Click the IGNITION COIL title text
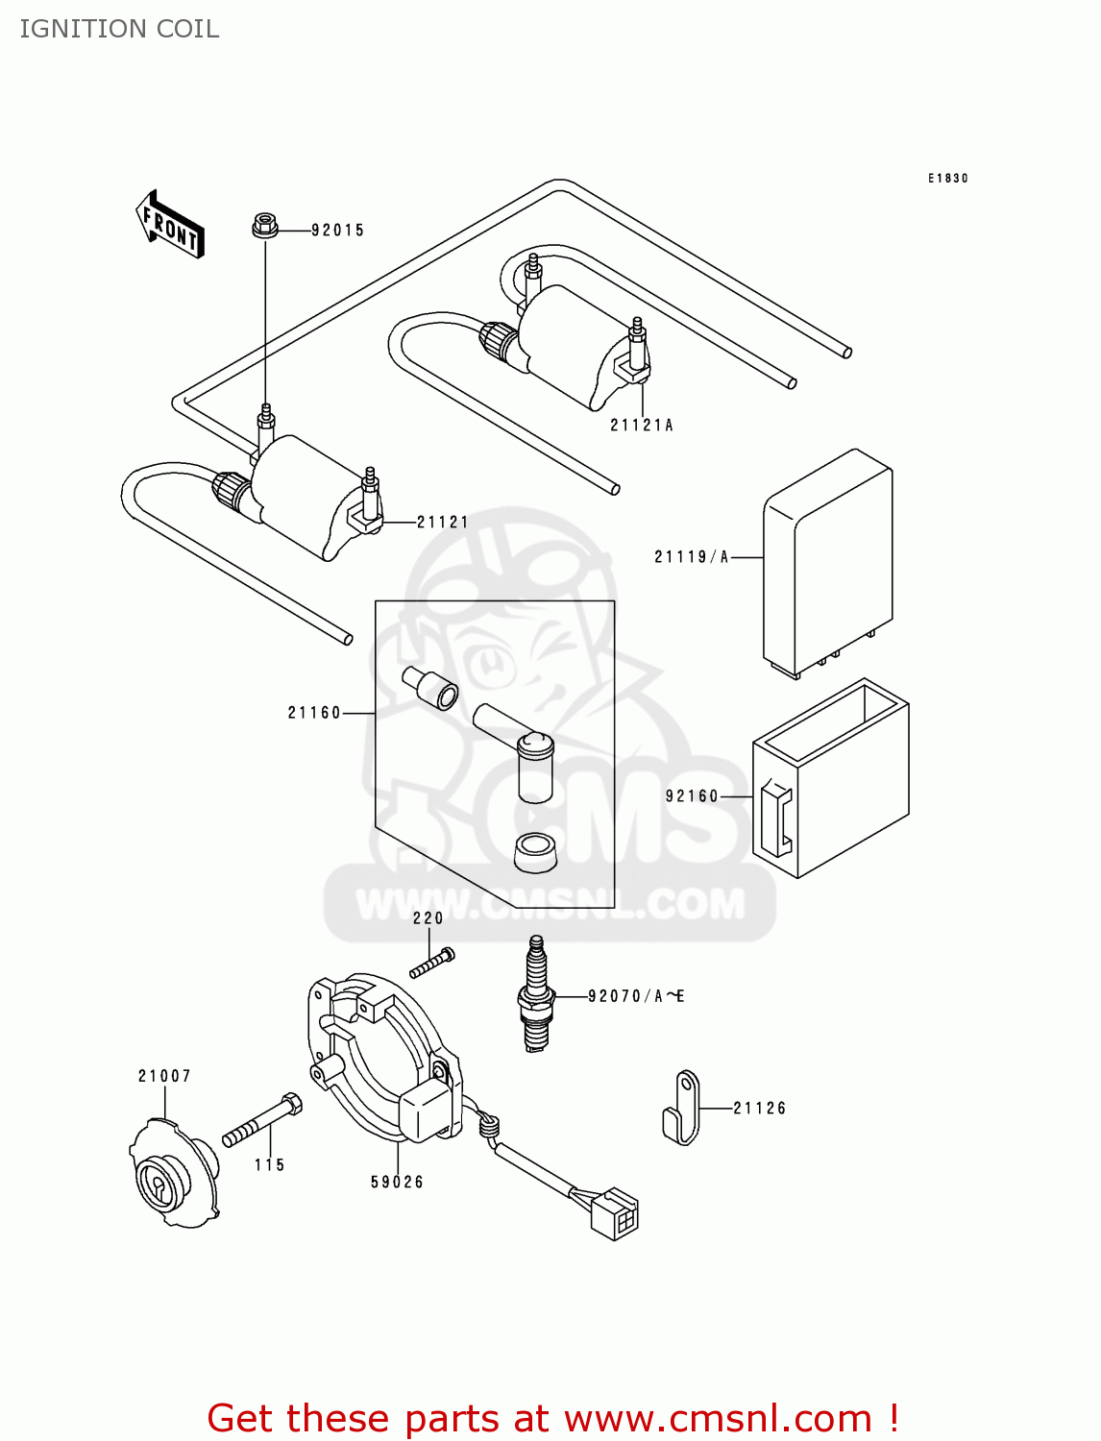click(119, 29)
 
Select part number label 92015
click(337, 231)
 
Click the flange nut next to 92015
click(265, 226)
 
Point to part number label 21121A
click(642, 426)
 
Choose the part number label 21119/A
click(692, 557)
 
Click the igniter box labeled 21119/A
click(828, 562)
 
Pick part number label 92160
click(692, 796)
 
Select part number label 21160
click(314, 713)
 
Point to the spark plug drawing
click(536, 995)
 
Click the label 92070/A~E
click(636, 996)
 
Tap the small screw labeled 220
click(432, 963)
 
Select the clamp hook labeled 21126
click(682, 1109)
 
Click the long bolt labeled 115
click(262, 1121)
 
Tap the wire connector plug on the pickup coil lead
click(614, 1213)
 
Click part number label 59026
click(397, 1183)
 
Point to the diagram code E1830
click(947, 179)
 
